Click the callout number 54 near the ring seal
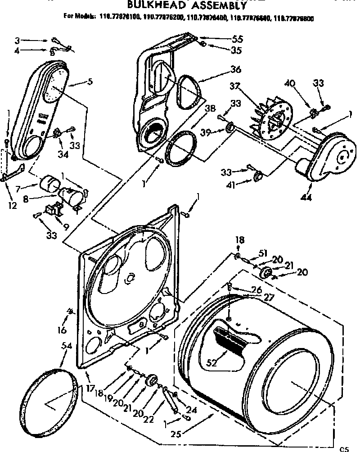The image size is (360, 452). (66, 346)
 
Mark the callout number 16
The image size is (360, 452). (62, 330)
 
